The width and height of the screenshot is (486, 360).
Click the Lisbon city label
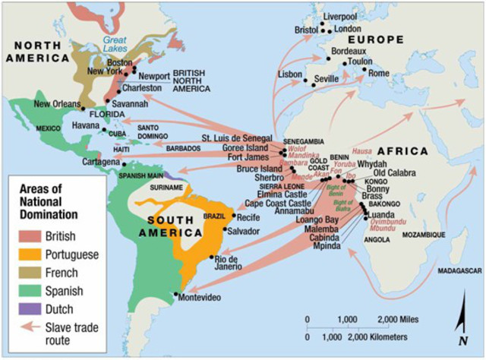coord(290,75)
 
